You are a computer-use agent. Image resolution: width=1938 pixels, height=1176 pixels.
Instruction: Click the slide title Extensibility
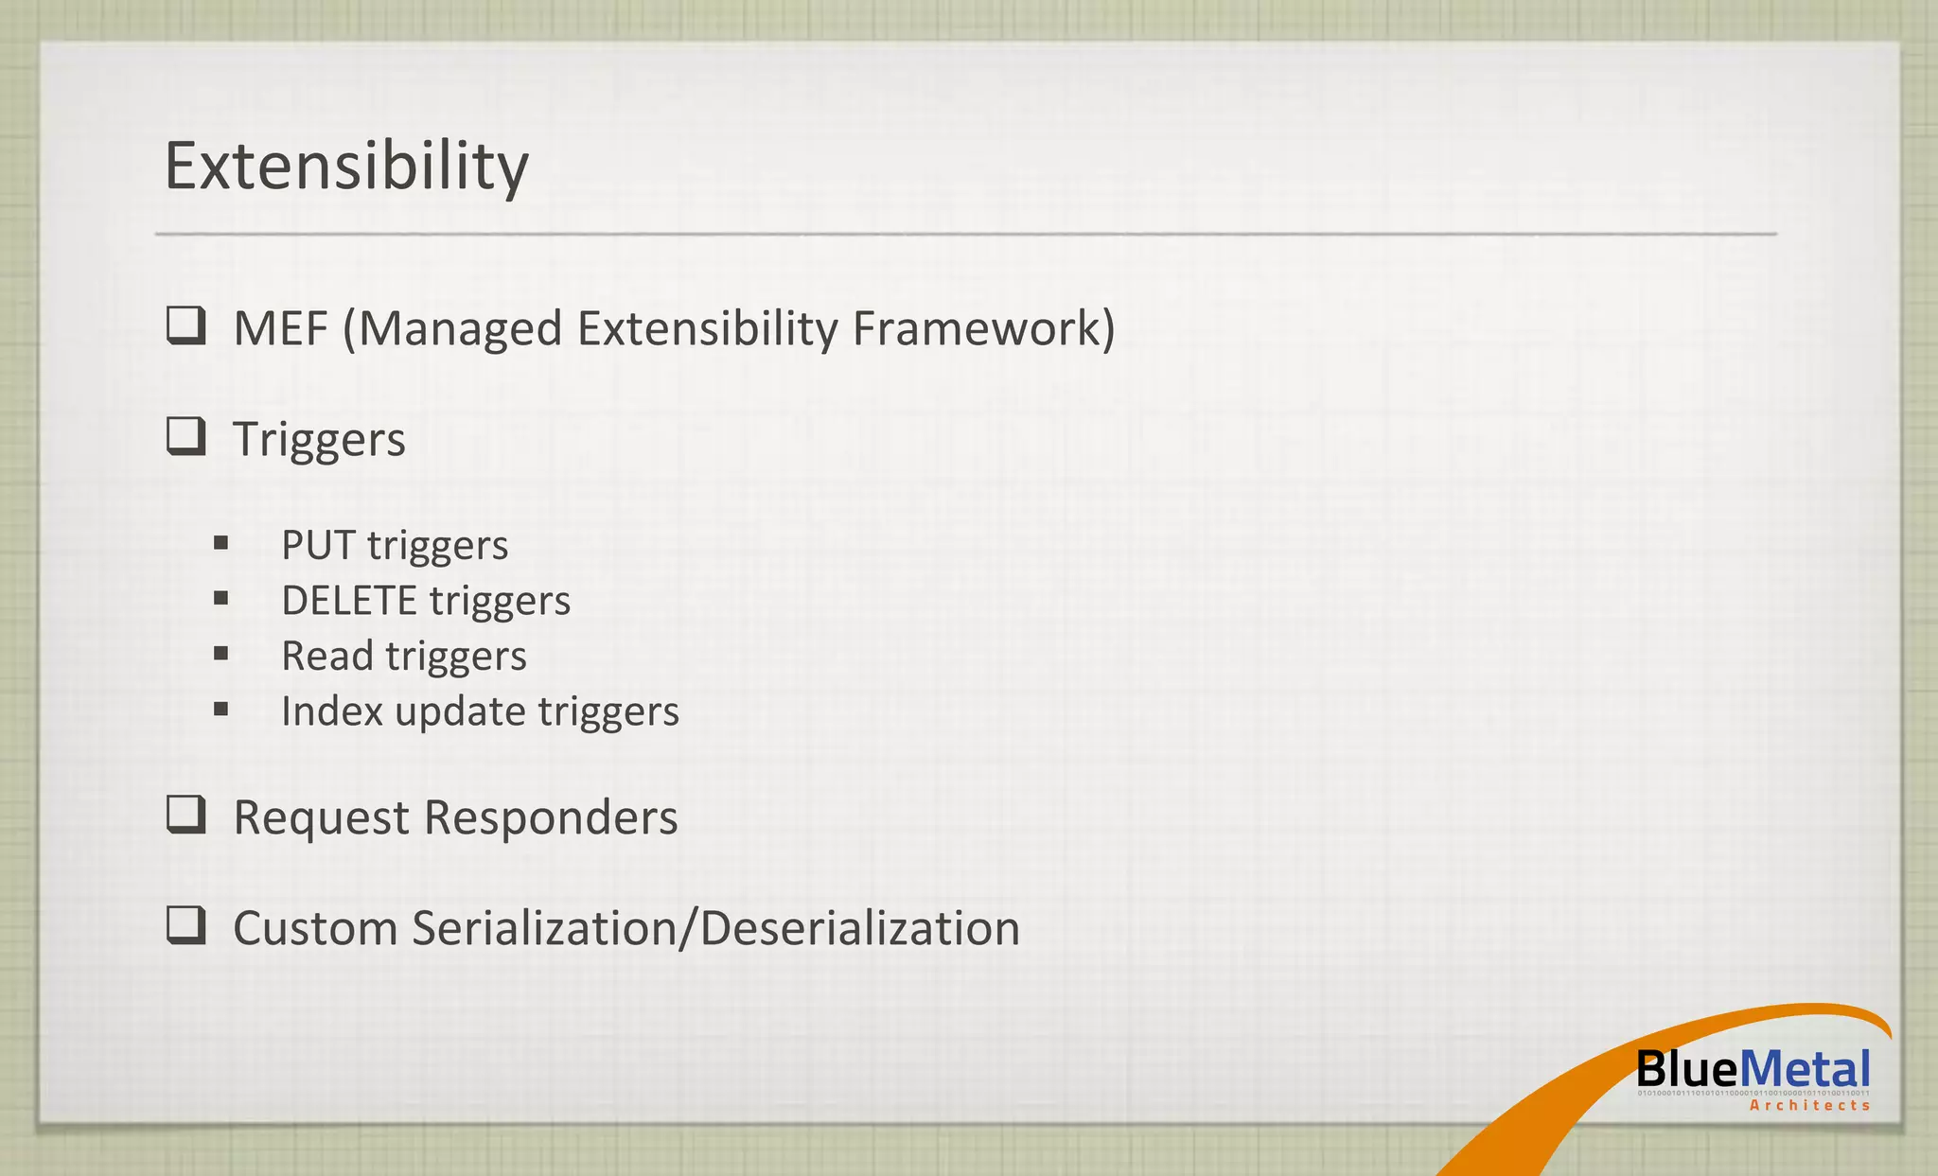346,167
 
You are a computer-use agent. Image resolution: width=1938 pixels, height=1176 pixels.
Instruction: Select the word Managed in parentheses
459,329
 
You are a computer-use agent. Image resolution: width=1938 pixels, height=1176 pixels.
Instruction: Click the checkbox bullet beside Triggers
186,436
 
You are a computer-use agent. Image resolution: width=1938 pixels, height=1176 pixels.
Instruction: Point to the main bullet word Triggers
319,440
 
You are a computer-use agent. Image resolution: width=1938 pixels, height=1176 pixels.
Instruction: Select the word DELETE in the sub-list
348,601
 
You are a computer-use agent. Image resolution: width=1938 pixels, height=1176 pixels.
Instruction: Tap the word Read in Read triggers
326,656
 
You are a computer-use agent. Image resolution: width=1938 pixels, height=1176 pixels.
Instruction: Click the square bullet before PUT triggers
220,543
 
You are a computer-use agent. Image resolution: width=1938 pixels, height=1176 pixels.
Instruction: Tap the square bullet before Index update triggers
220,709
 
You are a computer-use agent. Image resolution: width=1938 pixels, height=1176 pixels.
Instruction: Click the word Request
321,817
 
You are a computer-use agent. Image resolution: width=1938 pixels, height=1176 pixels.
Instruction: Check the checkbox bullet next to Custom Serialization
186,925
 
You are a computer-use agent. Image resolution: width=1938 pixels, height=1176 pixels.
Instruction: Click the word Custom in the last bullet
315,928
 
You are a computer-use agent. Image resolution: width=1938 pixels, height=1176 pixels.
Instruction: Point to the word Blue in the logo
1687,1070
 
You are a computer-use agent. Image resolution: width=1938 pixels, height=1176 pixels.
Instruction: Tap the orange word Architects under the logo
1809,1105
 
